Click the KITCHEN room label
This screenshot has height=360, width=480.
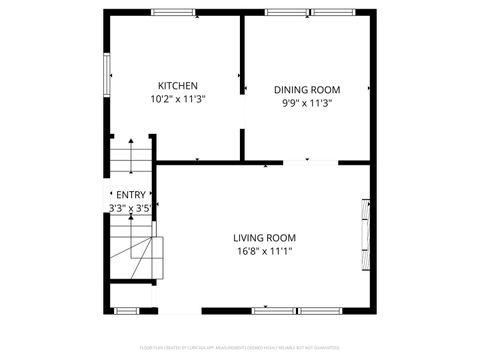177,85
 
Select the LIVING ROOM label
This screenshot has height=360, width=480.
264,237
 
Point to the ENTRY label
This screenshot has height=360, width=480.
131,195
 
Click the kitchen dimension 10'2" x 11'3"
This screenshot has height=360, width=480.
177,99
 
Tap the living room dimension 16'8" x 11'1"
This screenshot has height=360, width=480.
264,251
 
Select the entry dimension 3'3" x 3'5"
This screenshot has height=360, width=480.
130,208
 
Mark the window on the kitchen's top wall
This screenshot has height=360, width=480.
173,12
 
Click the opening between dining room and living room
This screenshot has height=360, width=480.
308,162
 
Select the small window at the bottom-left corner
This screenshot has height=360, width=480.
124,310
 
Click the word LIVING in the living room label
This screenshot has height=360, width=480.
249,237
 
